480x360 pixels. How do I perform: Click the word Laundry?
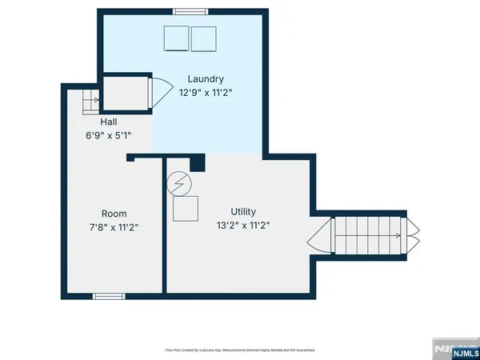point(206,79)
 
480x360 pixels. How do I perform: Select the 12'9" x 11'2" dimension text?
point(206,92)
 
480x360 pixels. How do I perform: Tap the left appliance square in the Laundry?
point(176,38)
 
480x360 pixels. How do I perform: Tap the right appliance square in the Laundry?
point(204,38)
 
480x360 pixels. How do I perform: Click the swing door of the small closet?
point(160,92)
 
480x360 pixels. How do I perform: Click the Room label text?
point(114,214)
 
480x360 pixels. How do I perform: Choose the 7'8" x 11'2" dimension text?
point(114,226)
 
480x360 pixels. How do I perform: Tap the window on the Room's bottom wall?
point(109,296)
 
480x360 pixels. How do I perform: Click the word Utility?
point(243,212)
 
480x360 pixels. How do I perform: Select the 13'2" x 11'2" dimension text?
point(243,225)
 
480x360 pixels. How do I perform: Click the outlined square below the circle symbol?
point(186,209)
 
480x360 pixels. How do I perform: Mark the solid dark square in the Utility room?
point(198,162)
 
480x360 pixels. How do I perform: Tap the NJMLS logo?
point(455,351)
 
